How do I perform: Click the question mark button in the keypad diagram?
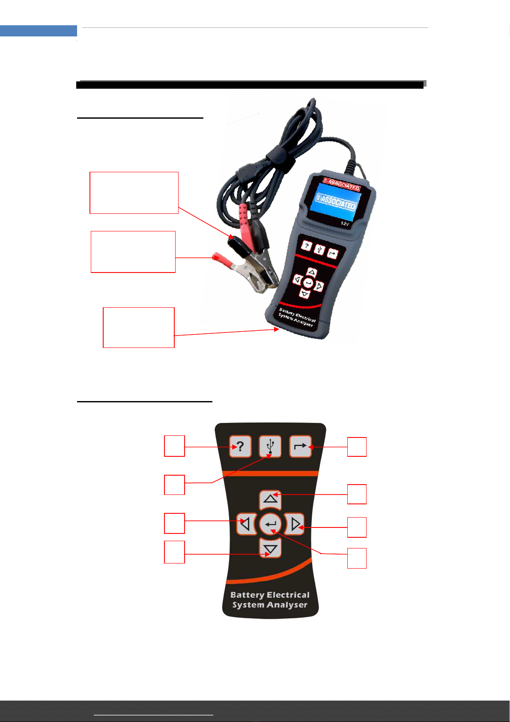(240, 446)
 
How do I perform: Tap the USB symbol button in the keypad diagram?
(270, 446)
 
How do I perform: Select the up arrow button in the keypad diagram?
(270, 500)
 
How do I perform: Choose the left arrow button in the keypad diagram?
(246, 524)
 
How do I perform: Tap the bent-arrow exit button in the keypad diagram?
(300, 446)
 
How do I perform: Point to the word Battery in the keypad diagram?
(247, 595)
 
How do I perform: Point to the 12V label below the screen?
(345, 223)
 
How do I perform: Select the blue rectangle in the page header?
(39, 30)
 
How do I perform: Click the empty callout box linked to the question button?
(174, 446)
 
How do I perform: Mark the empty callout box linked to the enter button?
(357, 558)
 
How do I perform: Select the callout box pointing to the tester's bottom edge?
(139, 327)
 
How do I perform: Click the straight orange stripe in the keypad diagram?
(270, 473)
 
